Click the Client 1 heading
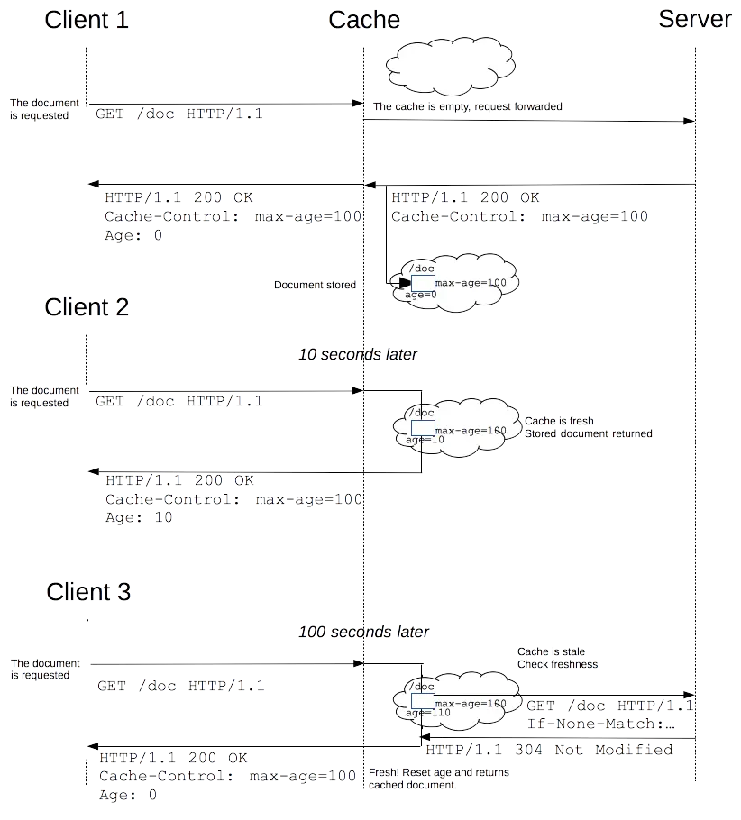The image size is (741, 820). (87, 20)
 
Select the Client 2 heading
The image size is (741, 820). (87, 307)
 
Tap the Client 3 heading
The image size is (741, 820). (87, 592)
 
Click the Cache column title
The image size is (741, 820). (363, 20)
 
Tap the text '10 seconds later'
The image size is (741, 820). (357, 355)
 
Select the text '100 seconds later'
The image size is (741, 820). (363, 633)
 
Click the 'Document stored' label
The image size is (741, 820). (315, 285)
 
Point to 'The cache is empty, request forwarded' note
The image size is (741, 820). (467, 106)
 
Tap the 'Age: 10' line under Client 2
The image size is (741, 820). (138, 518)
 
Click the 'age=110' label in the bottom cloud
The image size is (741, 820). (427, 713)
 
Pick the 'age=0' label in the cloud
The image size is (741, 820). (420, 295)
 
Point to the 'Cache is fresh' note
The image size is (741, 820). (559, 421)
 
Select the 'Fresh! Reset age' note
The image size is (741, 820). (439, 772)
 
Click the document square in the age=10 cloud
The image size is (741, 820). (423, 428)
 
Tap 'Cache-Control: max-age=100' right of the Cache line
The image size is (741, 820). (519, 216)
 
